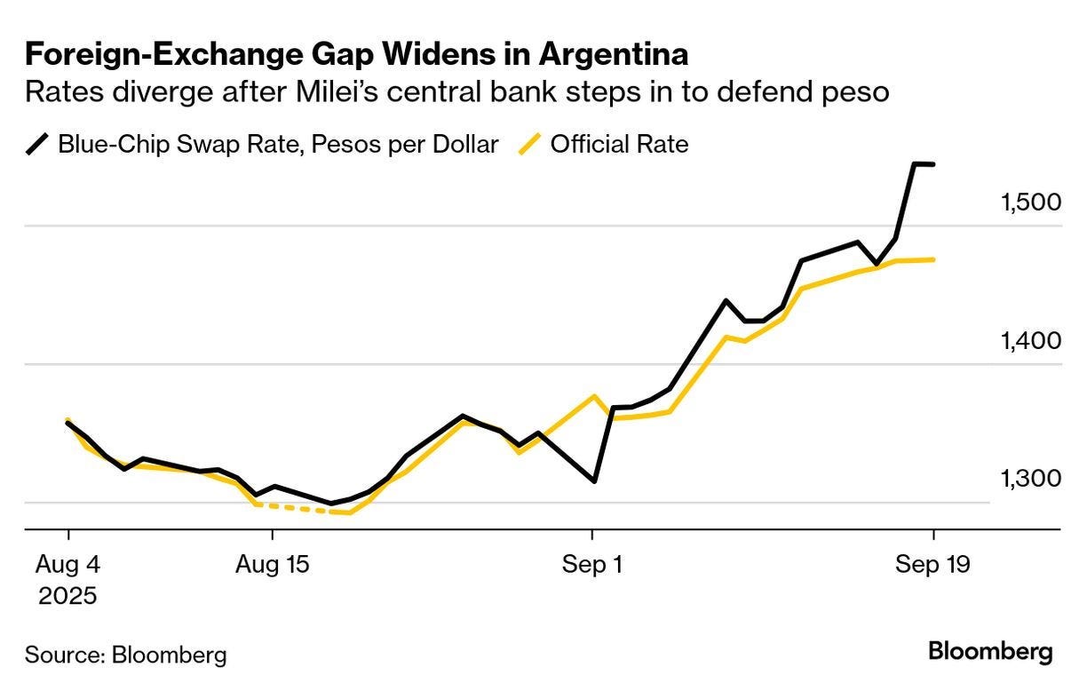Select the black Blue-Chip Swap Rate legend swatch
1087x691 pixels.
coord(37,144)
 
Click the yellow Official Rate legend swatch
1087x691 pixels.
coord(529,144)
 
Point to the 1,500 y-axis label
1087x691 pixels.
coord(1031,203)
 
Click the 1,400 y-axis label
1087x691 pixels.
coord(1031,340)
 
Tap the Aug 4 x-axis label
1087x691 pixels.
coord(68,565)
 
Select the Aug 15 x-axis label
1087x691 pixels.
coord(273,565)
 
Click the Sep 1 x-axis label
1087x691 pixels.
coord(592,565)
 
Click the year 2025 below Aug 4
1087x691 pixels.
coord(68,594)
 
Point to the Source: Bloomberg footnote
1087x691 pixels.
coord(126,655)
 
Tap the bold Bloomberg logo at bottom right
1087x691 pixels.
coord(990,652)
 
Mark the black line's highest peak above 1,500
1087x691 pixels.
coord(914,163)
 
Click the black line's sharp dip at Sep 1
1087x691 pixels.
coord(594,481)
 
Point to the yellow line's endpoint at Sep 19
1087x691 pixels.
coord(933,259)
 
